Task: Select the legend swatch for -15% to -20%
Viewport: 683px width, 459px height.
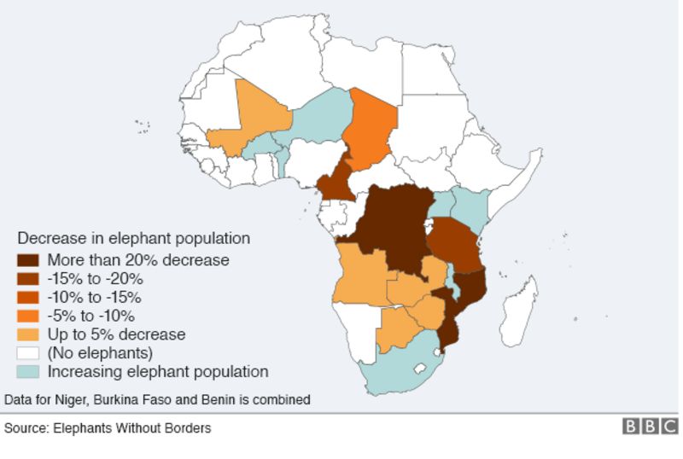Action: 28,279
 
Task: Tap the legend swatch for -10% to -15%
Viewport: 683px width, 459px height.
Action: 28,298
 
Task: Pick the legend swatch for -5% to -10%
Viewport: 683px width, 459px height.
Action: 28,317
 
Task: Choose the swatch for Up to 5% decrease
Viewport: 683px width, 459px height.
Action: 28,334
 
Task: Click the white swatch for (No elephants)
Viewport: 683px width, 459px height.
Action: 28,353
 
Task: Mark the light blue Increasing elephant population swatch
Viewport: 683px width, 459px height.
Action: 28,372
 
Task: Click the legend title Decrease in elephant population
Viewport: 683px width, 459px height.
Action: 133,238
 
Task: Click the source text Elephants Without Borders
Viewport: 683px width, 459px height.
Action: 108,428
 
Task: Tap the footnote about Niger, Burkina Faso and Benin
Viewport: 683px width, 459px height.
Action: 157,399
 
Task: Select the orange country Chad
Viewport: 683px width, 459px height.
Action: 372,128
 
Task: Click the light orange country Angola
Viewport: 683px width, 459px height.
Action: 363,273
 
